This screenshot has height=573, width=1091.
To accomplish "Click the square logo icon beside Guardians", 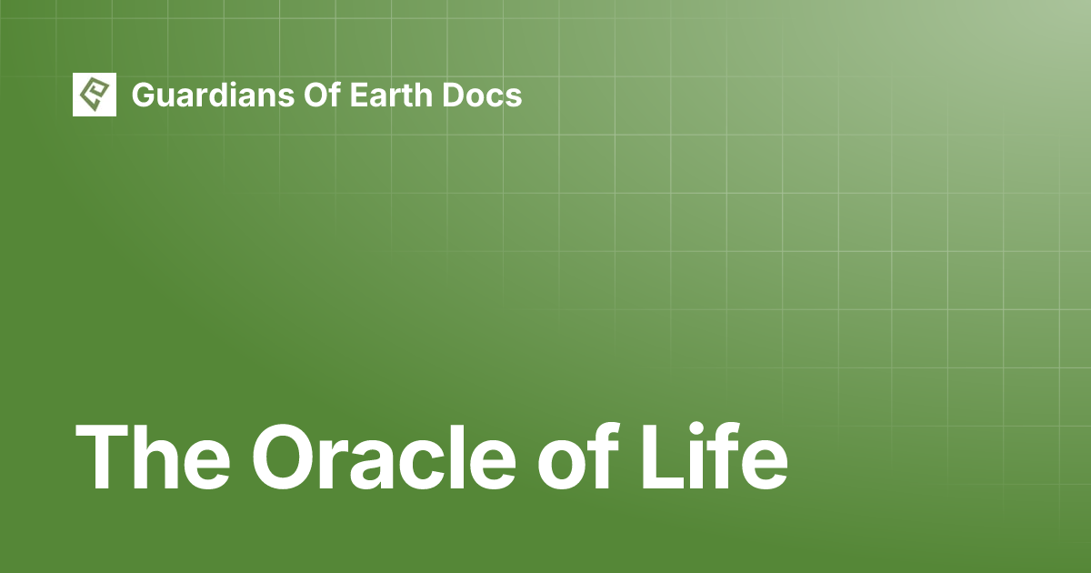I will pos(95,95).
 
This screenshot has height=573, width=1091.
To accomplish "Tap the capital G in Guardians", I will pos(143,95).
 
